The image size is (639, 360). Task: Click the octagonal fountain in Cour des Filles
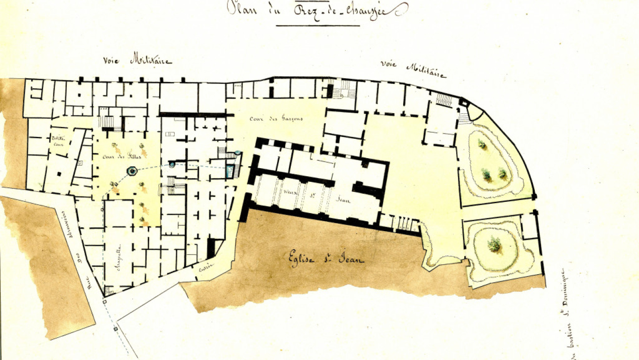pos(131,171)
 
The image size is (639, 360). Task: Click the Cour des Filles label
pos(117,156)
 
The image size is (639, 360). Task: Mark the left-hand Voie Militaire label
pos(137,60)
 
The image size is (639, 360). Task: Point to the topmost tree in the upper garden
pos(482,144)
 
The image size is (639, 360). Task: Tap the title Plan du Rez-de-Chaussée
pos(317,10)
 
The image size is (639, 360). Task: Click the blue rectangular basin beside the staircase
pos(230,171)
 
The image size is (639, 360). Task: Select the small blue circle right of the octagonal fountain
pos(172,164)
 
